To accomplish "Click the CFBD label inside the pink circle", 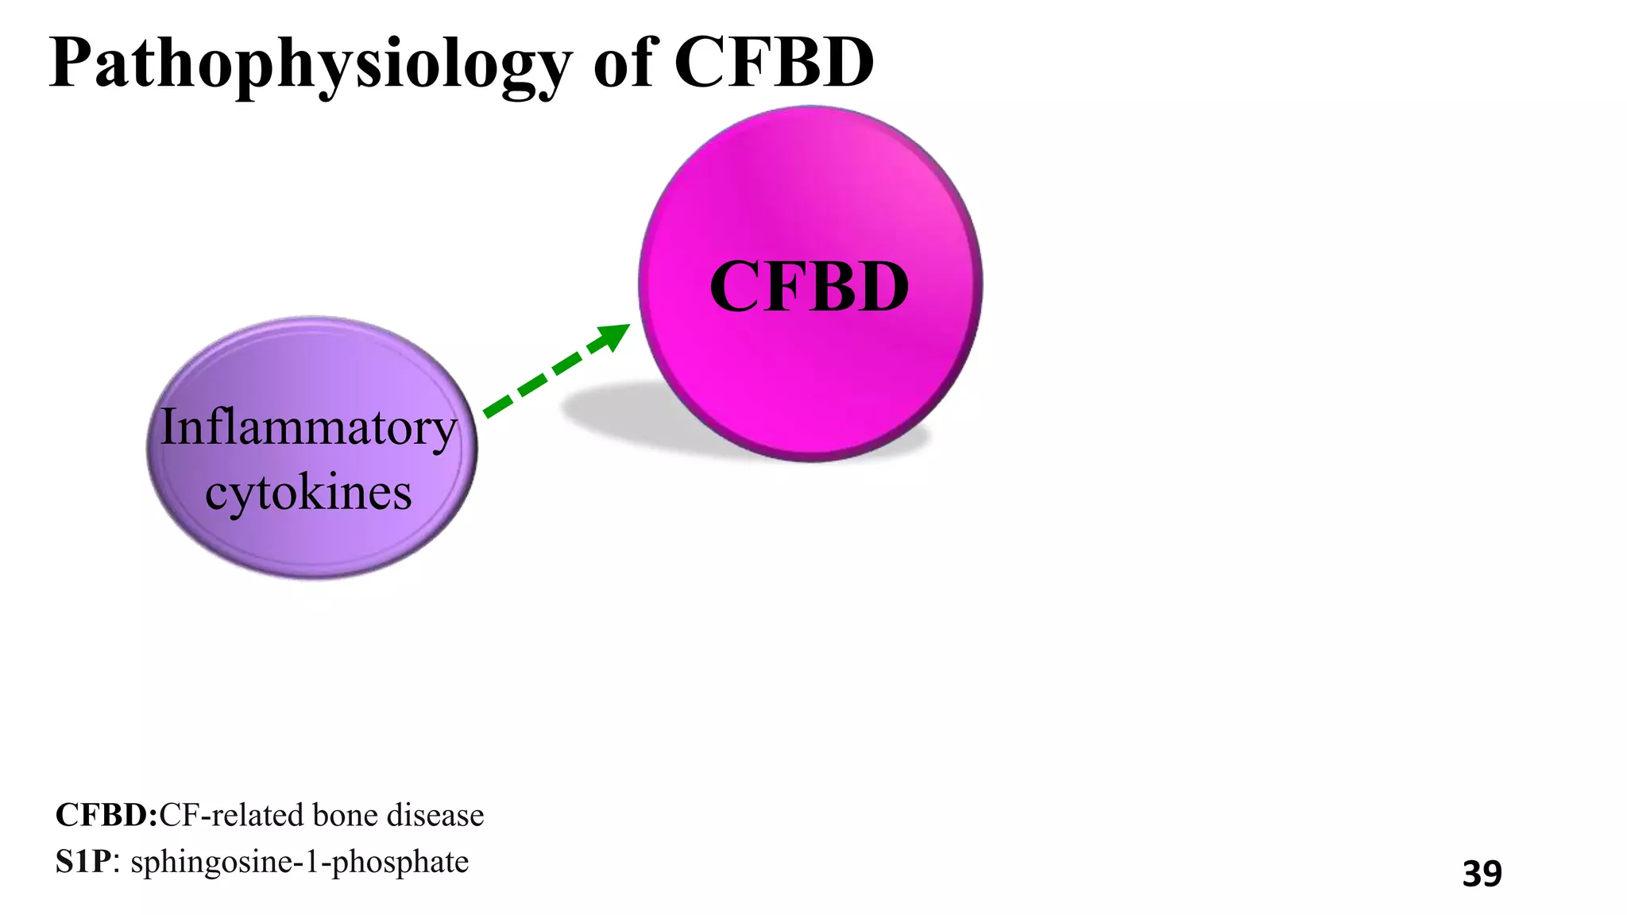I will tap(809, 287).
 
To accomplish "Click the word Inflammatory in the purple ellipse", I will tap(309, 429).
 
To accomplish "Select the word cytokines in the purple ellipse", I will tap(308, 492).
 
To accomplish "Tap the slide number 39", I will tap(1482, 874).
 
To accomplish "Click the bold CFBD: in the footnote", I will tap(106, 816).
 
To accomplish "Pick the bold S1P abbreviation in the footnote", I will tap(83, 862).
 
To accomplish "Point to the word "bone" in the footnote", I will tap(344, 816).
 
